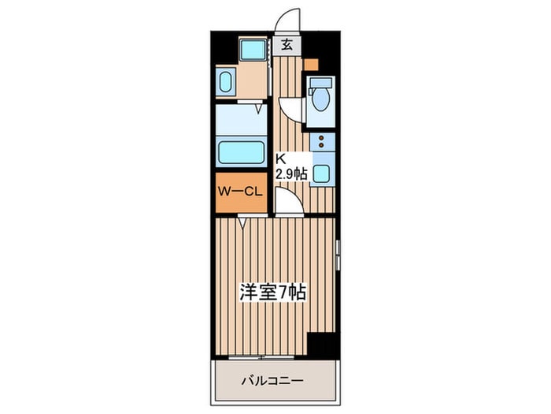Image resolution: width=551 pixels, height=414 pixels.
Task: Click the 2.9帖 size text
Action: tap(290, 173)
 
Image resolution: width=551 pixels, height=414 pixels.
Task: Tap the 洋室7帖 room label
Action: tap(272, 293)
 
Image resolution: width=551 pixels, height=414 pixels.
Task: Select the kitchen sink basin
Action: tap(321, 173)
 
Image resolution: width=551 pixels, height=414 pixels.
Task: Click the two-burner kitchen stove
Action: tap(321, 143)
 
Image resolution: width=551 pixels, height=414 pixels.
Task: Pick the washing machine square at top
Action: tap(253, 50)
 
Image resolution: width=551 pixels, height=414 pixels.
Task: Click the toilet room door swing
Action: tap(290, 109)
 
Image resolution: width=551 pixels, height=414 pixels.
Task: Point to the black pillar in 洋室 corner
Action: tap(321, 345)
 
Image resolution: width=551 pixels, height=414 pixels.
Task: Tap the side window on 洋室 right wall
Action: tap(337, 257)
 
